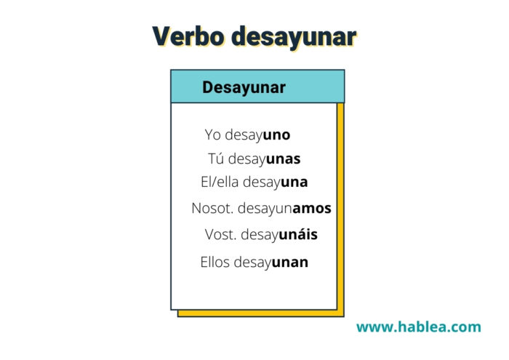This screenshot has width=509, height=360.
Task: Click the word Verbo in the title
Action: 188,36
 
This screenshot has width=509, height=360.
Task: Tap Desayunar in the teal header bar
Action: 244,87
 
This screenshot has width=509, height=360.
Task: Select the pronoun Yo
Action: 212,135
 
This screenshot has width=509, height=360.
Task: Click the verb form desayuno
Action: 257,135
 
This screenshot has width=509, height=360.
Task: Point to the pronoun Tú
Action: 216,159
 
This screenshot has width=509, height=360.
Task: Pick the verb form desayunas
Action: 264,159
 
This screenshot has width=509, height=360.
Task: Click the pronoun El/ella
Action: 220,182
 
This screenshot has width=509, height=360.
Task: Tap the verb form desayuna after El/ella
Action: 276,183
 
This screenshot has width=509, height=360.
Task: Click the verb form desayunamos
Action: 284,209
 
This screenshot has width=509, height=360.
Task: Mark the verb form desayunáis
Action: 279,235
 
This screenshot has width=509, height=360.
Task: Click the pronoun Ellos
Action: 215,262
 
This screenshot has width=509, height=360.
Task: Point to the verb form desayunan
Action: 271,263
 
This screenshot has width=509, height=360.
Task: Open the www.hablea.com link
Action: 419,327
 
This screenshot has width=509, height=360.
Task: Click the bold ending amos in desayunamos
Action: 312,209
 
